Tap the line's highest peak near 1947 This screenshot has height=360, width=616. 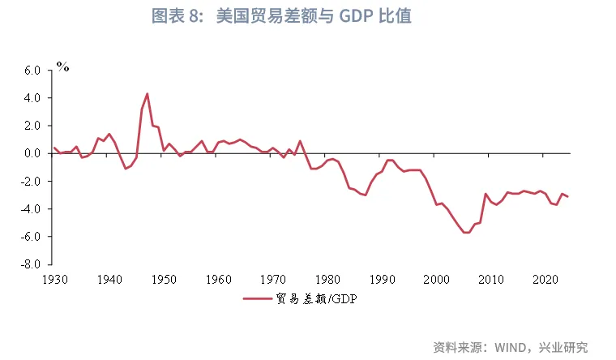pos(147,93)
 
